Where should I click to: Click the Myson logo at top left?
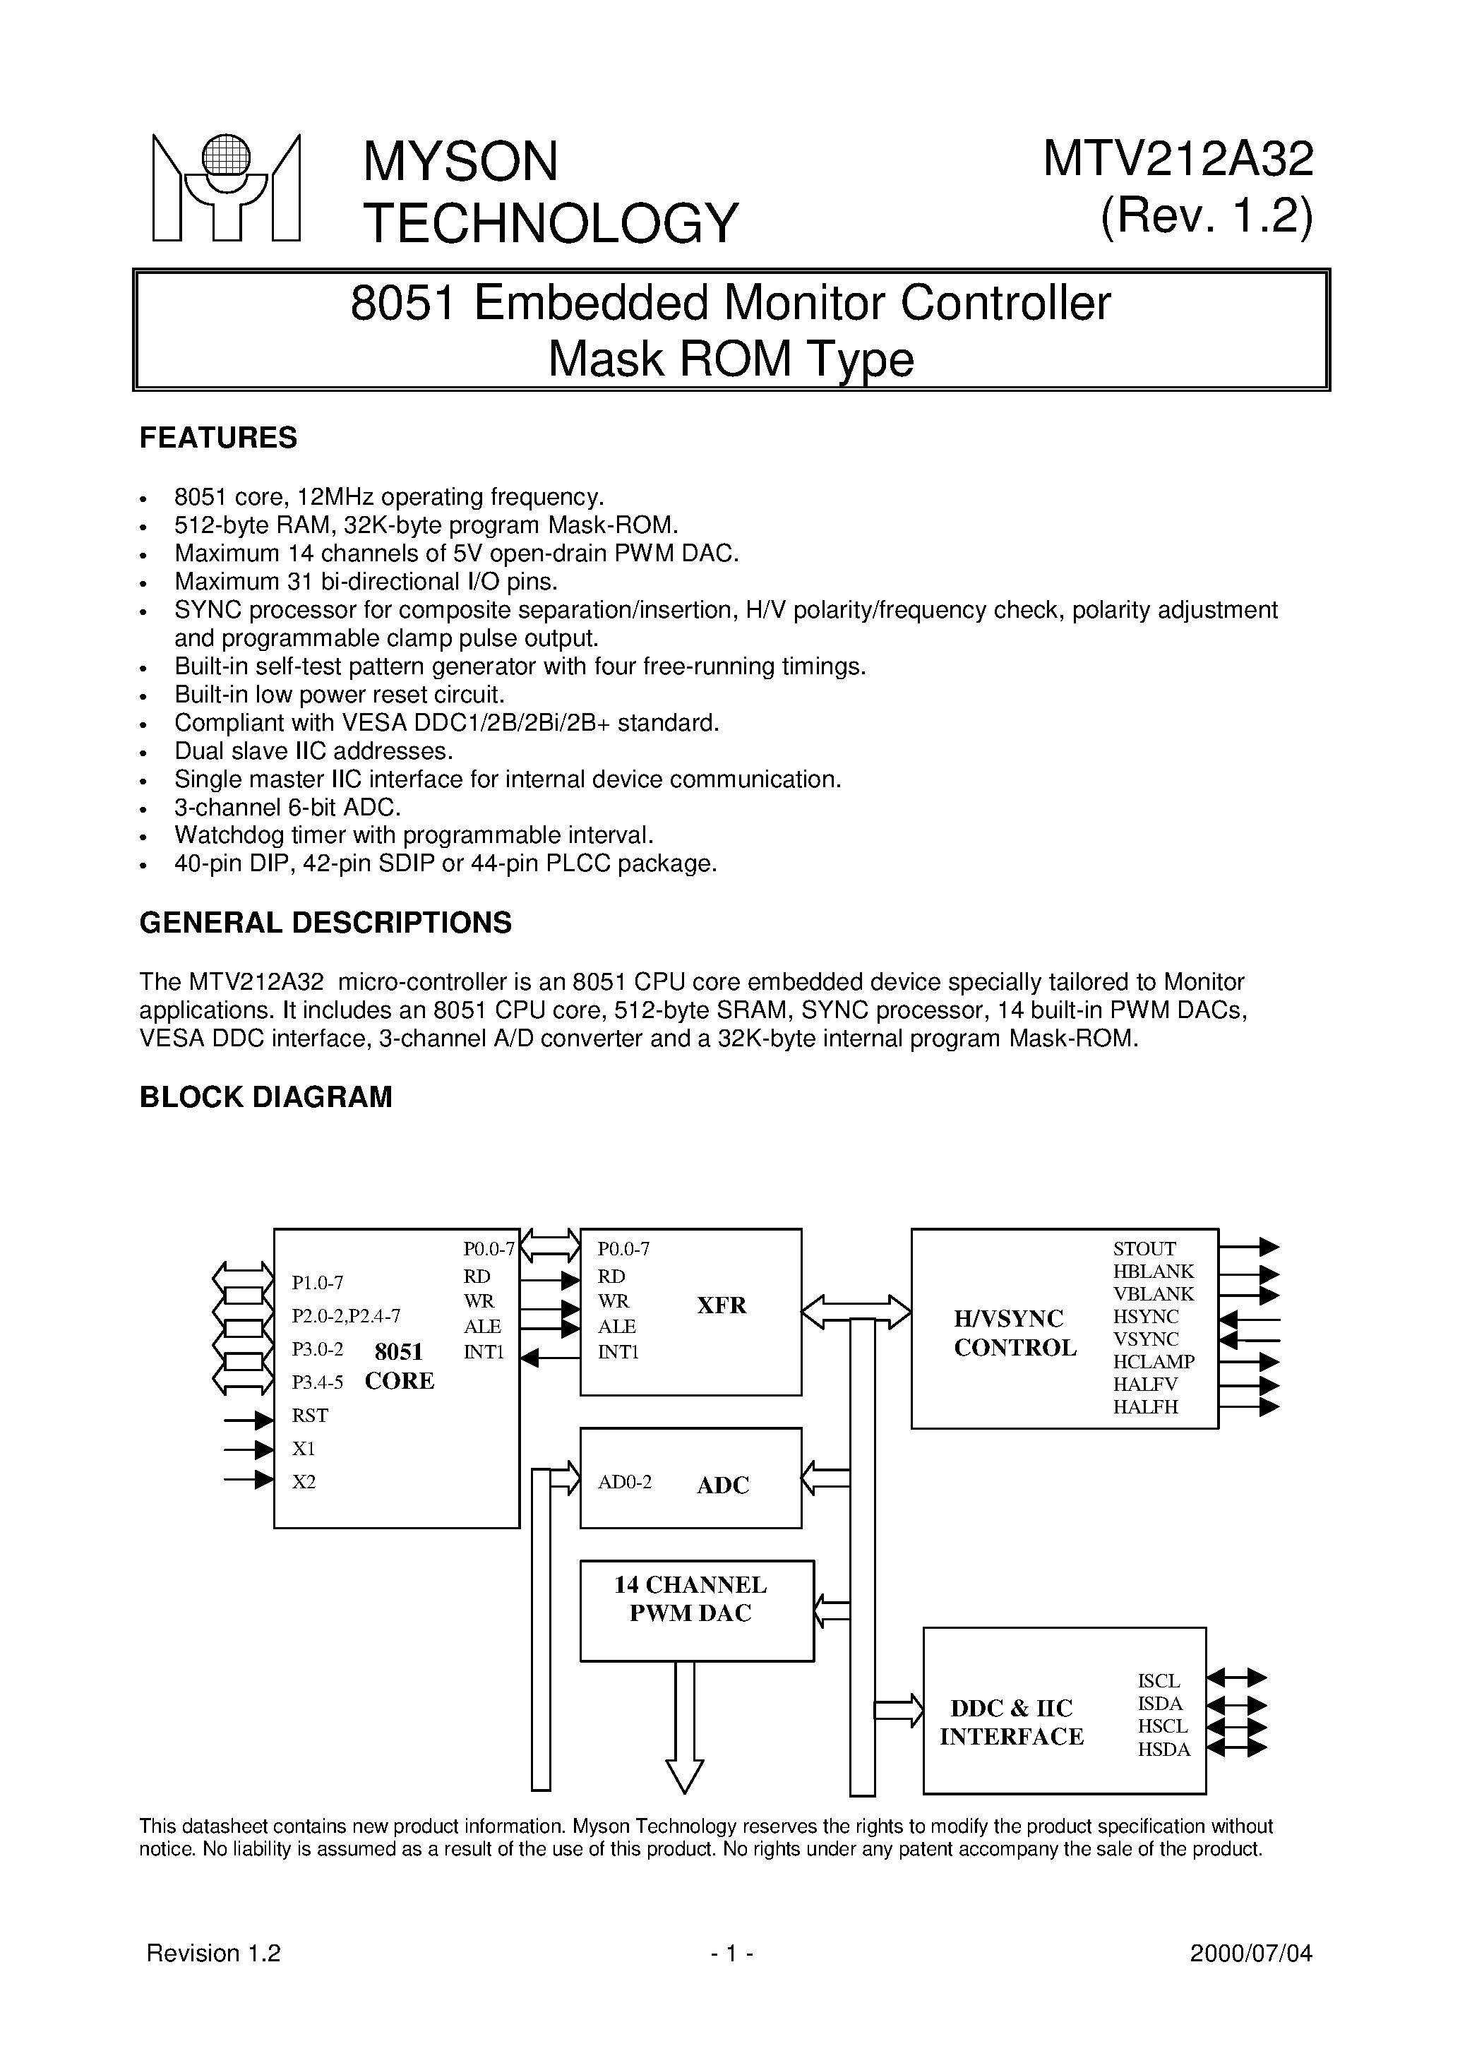click(x=226, y=188)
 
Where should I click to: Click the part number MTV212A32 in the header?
click(x=1178, y=160)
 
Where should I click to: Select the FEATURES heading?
click(x=217, y=438)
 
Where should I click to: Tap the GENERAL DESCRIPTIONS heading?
click(x=325, y=922)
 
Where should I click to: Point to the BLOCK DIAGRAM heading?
click(x=265, y=1098)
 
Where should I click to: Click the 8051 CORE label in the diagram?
click(x=399, y=1366)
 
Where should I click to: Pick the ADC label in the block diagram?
click(x=722, y=1485)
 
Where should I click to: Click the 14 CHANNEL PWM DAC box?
click(x=696, y=1610)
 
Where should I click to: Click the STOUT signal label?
click(x=1144, y=1248)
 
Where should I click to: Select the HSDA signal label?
click(x=1163, y=1750)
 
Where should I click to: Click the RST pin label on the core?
click(x=310, y=1416)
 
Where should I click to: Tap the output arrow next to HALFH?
click(x=1249, y=1408)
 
